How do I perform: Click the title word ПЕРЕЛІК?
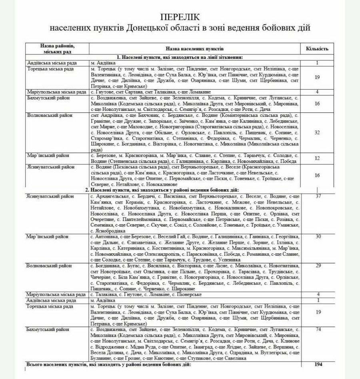(x=180, y=17)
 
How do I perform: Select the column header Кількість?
(x=317, y=48)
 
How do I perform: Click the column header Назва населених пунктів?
(x=195, y=48)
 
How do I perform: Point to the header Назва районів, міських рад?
(x=58, y=48)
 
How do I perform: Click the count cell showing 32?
(x=317, y=132)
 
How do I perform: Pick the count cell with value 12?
(x=317, y=158)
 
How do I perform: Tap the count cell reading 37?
(x=318, y=196)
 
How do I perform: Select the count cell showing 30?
(x=318, y=237)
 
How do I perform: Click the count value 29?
(x=318, y=266)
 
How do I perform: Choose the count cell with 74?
(x=318, y=329)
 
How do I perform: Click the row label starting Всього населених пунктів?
(x=108, y=364)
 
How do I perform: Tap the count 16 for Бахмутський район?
(x=317, y=103)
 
